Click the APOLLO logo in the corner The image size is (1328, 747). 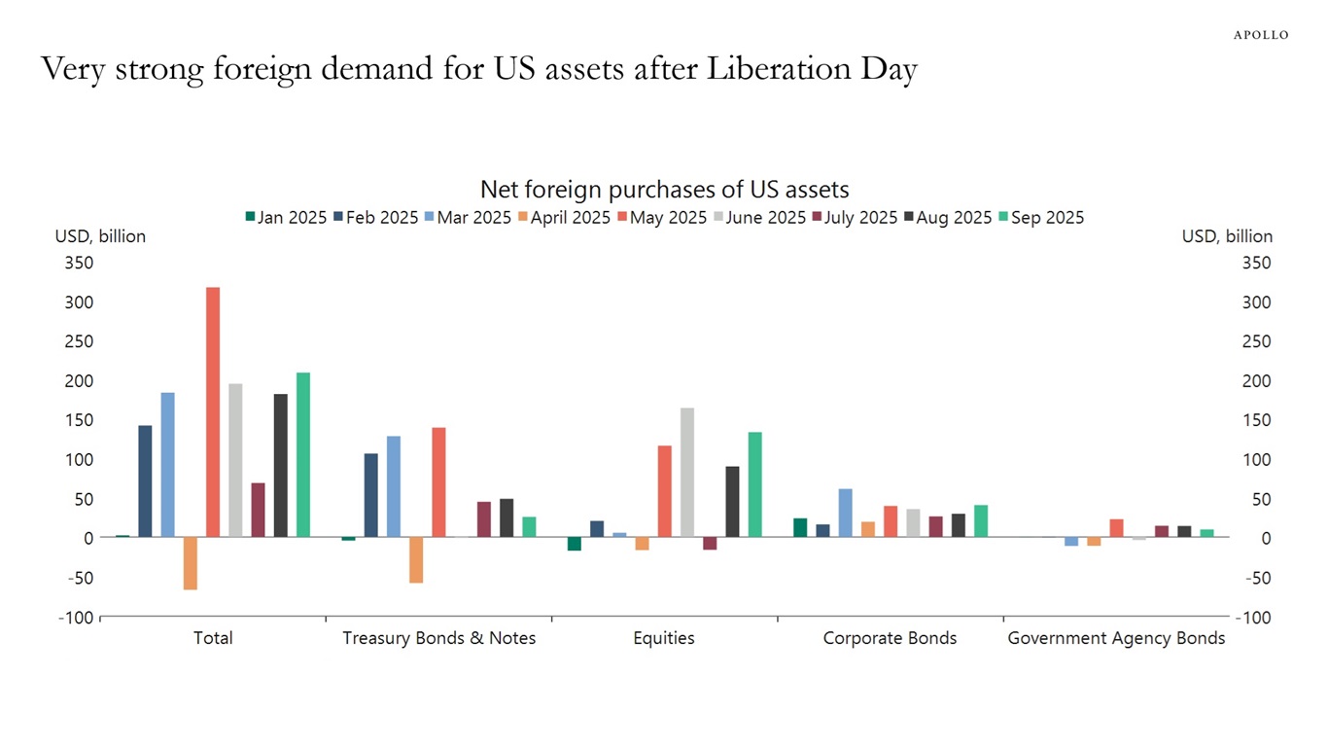tap(1261, 35)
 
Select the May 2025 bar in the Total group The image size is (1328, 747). tap(213, 412)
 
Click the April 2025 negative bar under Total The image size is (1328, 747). tap(191, 563)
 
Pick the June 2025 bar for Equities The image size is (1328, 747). tap(687, 473)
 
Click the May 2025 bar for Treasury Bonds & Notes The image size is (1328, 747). tap(438, 482)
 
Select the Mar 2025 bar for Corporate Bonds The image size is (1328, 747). tap(845, 513)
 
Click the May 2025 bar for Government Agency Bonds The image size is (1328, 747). tap(1116, 528)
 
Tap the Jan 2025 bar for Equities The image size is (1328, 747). tap(575, 544)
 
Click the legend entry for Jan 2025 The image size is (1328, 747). tap(285, 218)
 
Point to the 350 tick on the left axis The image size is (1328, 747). tap(80, 263)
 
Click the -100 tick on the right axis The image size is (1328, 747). tap(1253, 618)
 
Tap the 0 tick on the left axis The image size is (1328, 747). tap(87, 538)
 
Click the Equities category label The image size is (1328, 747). tap(664, 638)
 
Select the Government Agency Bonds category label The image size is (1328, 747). tap(1116, 638)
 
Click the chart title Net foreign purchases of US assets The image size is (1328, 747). tap(664, 189)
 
